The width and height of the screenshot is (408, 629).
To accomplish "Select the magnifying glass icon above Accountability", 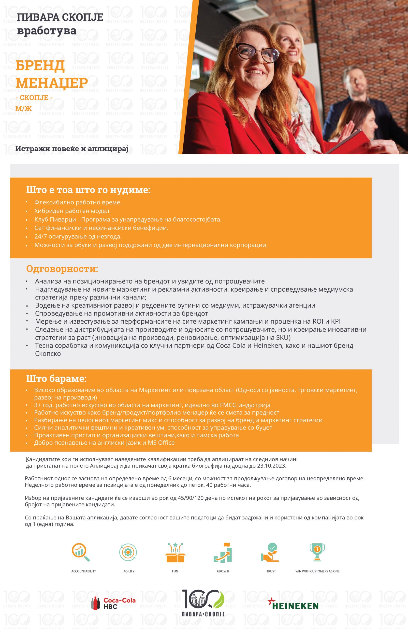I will click(x=80, y=552).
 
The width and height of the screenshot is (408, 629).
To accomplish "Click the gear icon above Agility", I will click(x=128, y=552).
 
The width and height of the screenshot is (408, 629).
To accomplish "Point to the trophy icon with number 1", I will click(x=317, y=552).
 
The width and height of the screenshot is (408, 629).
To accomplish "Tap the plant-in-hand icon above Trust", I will click(x=270, y=552).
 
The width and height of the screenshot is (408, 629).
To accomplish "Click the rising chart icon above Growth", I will click(x=223, y=552).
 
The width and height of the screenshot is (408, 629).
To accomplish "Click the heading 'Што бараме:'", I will click(x=56, y=378).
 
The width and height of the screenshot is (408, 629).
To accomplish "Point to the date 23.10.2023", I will click(x=271, y=466).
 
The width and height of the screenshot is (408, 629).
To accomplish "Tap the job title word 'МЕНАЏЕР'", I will click(x=52, y=83).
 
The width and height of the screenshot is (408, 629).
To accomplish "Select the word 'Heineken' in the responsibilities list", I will click(x=268, y=345).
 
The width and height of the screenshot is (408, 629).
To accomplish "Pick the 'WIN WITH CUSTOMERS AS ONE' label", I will click(x=317, y=571).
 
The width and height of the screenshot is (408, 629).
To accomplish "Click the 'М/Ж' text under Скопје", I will click(x=24, y=108).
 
